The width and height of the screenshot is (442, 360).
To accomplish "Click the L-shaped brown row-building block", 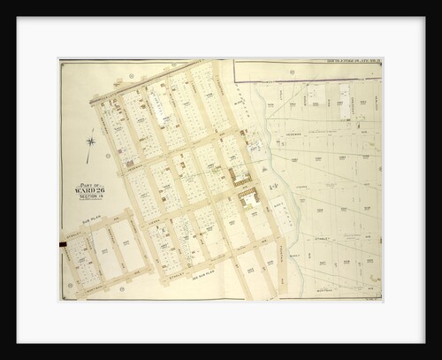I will point(240,175).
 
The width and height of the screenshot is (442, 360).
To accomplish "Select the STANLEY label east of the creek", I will point(329,238).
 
